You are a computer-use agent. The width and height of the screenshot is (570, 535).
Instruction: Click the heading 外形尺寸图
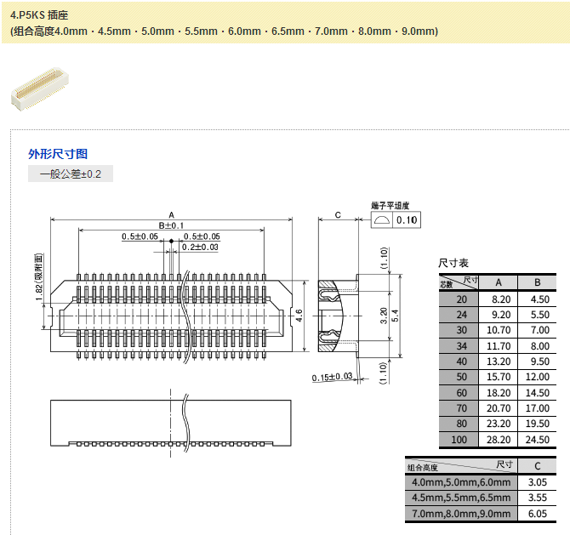click(58, 154)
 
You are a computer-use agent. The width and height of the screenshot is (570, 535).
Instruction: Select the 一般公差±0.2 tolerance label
click(71, 174)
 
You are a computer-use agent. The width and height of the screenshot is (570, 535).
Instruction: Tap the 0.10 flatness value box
click(408, 220)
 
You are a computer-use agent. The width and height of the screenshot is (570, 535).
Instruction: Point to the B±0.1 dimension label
click(171, 225)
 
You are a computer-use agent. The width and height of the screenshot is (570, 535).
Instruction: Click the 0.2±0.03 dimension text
click(200, 247)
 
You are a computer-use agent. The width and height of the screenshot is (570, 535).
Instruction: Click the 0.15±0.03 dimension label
click(332, 377)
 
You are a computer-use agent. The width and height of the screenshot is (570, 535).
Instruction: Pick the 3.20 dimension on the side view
click(384, 316)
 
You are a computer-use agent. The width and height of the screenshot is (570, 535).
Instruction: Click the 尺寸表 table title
click(453, 263)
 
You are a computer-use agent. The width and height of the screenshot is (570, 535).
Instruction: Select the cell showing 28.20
click(499, 440)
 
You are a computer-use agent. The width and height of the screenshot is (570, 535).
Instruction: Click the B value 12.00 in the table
click(537, 377)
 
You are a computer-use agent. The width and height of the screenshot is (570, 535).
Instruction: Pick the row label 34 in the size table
click(461, 345)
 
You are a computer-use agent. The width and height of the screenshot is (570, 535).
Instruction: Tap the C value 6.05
click(537, 514)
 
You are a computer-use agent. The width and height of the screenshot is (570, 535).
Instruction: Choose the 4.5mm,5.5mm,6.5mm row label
click(459, 498)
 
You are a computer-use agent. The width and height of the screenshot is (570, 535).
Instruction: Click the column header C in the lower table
click(537, 466)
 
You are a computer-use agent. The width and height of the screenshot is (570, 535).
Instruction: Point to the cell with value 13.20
click(499, 361)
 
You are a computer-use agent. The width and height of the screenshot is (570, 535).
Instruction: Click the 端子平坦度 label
click(390, 206)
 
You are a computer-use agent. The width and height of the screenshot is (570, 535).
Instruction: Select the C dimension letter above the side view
click(338, 214)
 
